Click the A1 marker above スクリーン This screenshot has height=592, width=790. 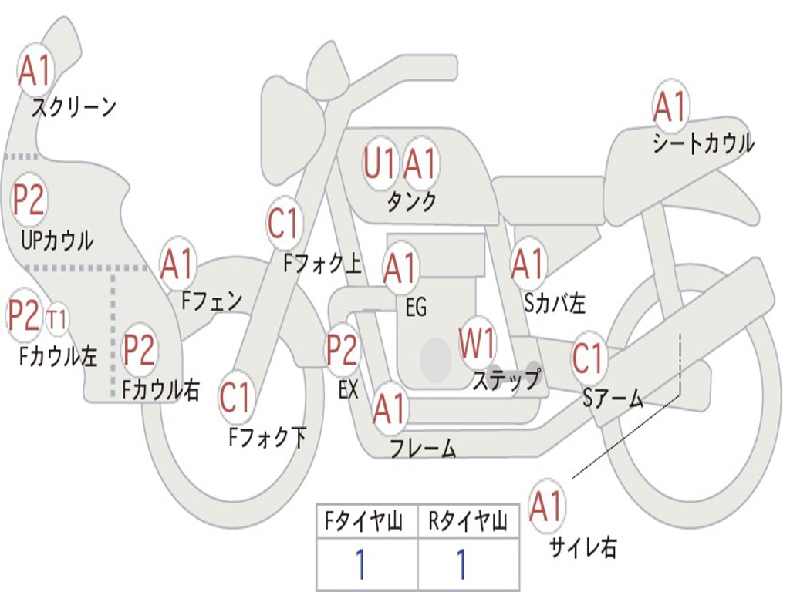coord(34,70)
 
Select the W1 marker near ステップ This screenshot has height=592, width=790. coord(476,343)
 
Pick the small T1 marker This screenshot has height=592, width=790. coord(56,320)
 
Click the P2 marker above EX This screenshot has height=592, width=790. coord(343,349)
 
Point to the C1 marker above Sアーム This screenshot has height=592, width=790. coord(588,358)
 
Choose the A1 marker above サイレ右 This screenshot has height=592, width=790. coord(546,505)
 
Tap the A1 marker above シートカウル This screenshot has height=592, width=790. coord(670,106)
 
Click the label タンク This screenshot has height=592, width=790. coord(412,202)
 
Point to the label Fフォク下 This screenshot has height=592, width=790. coord(268,436)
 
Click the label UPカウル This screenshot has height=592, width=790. coord(57,240)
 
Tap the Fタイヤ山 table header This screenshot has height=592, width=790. coord(364,521)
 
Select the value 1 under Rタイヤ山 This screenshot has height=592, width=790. coord(462,563)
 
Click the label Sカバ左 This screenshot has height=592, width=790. coord(555,303)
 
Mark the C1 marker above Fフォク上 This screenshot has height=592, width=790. coord(284,223)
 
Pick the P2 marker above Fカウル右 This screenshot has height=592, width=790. coord(139,349)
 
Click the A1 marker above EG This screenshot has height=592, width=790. coord(400,267)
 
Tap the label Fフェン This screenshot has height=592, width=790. coord(212,301)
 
